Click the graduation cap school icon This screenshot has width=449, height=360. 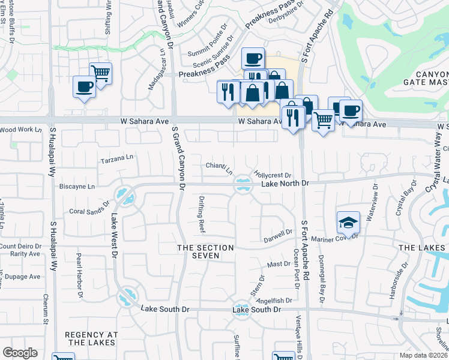tap(348, 223)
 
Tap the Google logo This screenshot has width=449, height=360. tap(20, 353)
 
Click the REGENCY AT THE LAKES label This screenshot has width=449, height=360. tap(89, 339)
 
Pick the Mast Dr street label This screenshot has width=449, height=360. tap(279, 264)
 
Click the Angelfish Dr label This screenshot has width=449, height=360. tap(274, 301)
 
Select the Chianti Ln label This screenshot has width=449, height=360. tap(219, 167)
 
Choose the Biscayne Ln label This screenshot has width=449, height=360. tap(77, 187)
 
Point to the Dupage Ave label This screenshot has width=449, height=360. tap(20, 277)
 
